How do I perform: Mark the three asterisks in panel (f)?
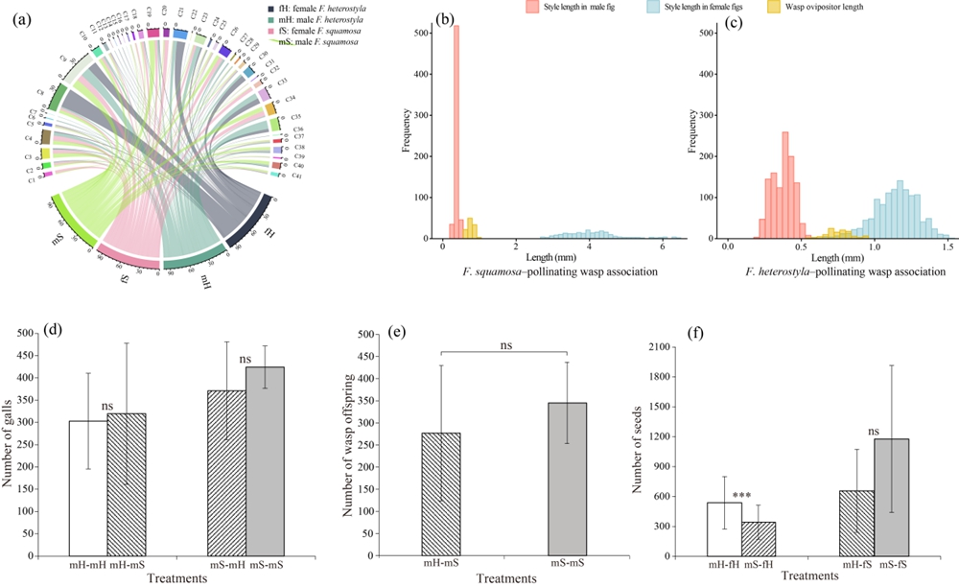(x=740, y=497)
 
